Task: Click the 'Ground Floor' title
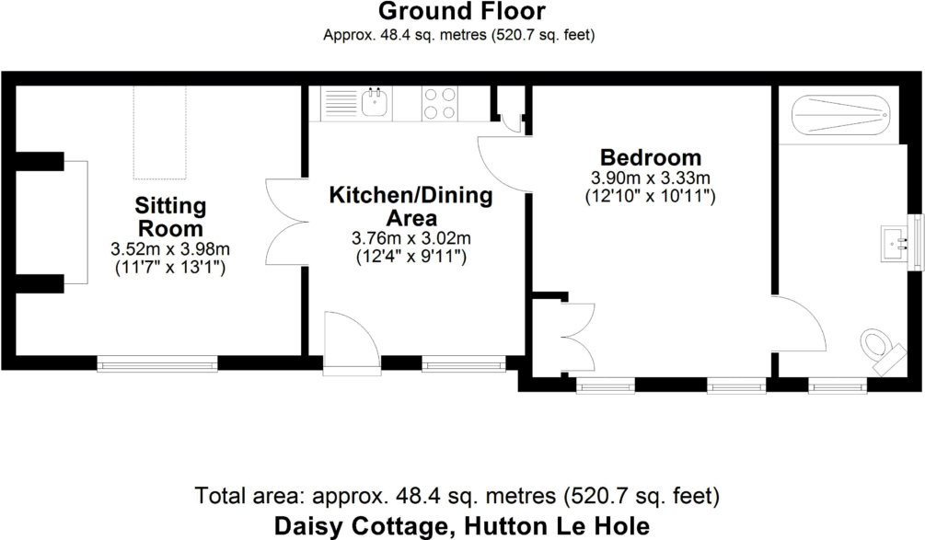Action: pyautogui.click(x=461, y=12)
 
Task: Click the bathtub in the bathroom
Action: pyautogui.click(x=840, y=115)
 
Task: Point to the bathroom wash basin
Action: pyautogui.click(x=896, y=242)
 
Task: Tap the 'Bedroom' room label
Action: pyautogui.click(x=650, y=157)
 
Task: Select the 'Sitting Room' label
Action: pyautogui.click(x=170, y=216)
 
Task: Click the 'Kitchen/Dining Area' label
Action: pyautogui.click(x=410, y=207)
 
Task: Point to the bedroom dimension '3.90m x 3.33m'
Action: pyautogui.click(x=650, y=178)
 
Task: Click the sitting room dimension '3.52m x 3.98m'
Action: pyautogui.click(x=170, y=249)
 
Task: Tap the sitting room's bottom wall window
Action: pyautogui.click(x=157, y=364)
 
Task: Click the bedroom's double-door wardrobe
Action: pyautogui.click(x=578, y=337)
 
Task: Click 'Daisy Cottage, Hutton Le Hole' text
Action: pyautogui.click(x=462, y=526)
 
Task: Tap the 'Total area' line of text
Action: pyautogui.click(x=457, y=497)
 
